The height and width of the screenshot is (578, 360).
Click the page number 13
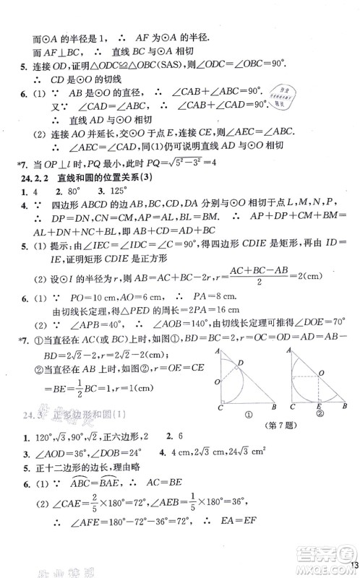[x=353, y=566]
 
